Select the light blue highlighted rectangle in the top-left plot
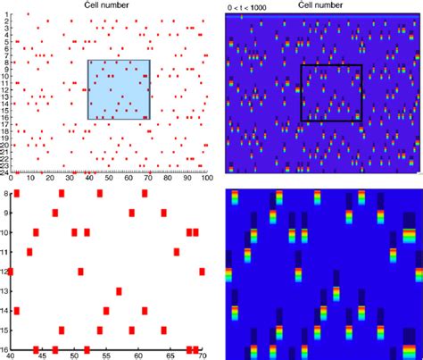coord(119,89)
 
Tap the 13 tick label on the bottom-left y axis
coord(7,291)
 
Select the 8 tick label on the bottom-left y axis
coord(7,193)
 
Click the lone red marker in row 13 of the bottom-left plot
coord(120,291)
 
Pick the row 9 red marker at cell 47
coord(55,213)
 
